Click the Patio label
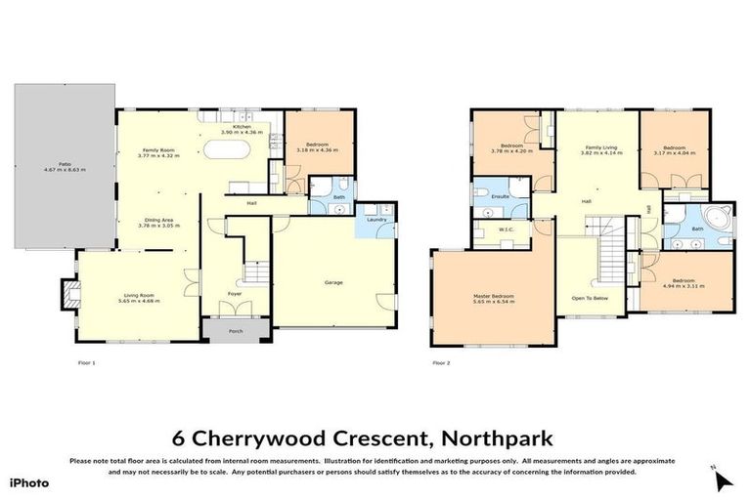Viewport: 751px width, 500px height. click(x=65, y=164)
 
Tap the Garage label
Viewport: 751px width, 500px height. click(x=333, y=283)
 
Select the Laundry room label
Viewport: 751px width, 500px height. click(x=376, y=220)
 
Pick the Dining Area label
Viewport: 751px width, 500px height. click(x=158, y=221)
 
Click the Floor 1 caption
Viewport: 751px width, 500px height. click(x=86, y=363)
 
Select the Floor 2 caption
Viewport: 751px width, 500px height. click(x=442, y=363)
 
